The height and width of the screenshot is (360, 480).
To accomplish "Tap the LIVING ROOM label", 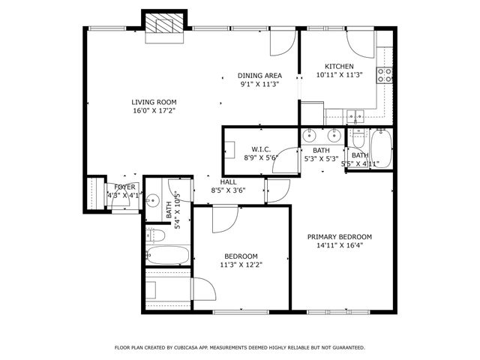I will pyautogui.click(x=153, y=102).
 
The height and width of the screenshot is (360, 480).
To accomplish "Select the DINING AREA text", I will pyautogui.click(x=260, y=76).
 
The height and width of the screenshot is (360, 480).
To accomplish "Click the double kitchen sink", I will pyautogui.click(x=355, y=115).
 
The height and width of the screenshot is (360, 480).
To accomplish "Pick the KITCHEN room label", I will pyautogui.click(x=339, y=66).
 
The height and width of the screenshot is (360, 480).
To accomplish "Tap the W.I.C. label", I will pyautogui.click(x=260, y=148).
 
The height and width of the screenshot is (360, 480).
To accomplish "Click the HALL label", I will pyautogui.click(x=229, y=181).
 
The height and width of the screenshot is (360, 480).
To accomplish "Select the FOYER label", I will pyautogui.click(x=124, y=187).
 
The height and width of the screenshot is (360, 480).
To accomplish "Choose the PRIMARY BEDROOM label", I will pyautogui.click(x=340, y=236).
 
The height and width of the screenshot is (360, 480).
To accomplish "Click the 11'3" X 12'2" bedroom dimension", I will pyautogui.click(x=241, y=264).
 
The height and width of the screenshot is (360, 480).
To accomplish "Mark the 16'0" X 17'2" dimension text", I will pyautogui.click(x=153, y=111).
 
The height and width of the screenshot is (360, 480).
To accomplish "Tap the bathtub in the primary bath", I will pyautogui.click(x=380, y=148).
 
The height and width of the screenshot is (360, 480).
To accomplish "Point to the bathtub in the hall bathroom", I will pyautogui.click(x=164, y=255).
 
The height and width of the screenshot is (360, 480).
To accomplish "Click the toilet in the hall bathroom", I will pyautogui.click(x=157, y=235).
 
